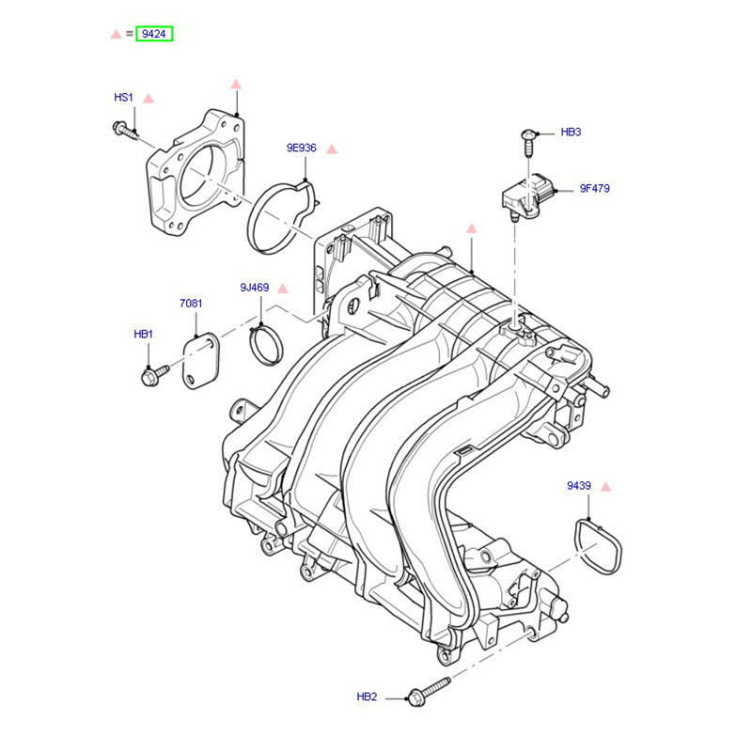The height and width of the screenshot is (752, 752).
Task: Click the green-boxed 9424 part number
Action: pyautogui.click(x=155, y=34)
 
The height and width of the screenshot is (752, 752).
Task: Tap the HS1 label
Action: pyautogui.click(x=124, y=97)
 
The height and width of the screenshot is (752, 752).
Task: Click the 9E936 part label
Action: pyautogui.click(x=302, y=149)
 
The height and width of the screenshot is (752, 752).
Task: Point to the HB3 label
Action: pyautogui.click(x=571, y=133)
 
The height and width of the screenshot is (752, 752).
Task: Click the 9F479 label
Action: pyautogui.click(x=594, y=188)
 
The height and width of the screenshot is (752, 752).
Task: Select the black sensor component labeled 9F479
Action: pyautogui.click(x=528, y=193)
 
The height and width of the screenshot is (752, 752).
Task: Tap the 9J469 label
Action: pyautogui.click(x=254, y=288)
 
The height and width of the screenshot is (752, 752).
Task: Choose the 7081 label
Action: pyautogui.click(x=191, y=304)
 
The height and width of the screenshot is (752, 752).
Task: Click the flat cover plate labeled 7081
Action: pyautogui.click(x=200, y=361)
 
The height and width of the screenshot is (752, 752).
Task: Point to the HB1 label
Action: pyautogui.click(x=143, y=334)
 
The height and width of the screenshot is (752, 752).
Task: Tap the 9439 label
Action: pyautogui.click(x=578, y=486)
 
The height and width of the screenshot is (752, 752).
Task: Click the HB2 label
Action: pyautogui.click(x=367, y=697)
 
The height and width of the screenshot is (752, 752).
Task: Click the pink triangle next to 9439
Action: pyautogui.click(x=605, y=487)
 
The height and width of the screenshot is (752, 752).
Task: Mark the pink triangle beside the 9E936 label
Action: pyautogui.click(x=332, y=149)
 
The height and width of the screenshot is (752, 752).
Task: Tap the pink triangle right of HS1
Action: pyautogui.click(x=149, y=98)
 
